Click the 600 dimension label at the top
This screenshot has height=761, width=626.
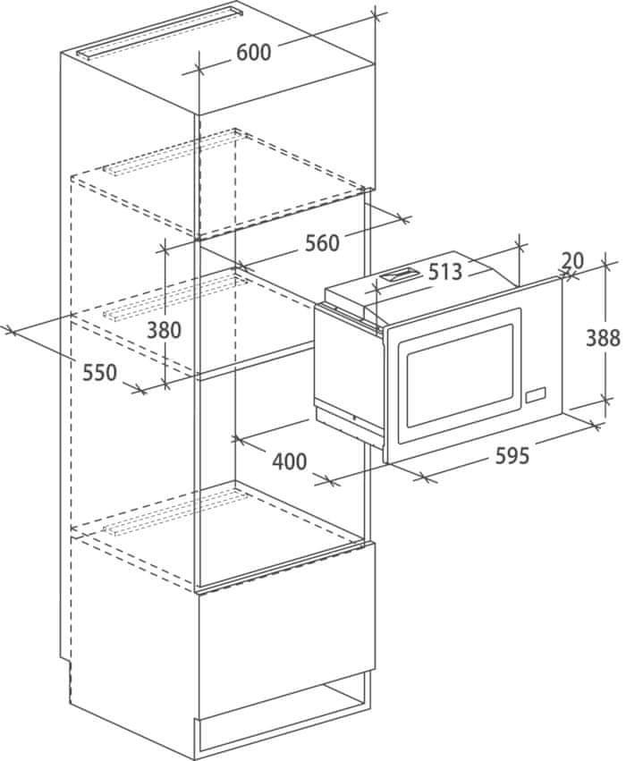pyautogui.click(x=254, y=53)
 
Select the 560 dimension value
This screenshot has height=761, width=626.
pyautogui.click(x=322, y=243)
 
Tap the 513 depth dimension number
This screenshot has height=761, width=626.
pyautogui.click(x=445, y=272)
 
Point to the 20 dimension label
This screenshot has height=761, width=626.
pyautogui.click(x=572, y=261)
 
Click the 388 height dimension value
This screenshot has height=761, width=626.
pyautogui.click(x=603, y=338)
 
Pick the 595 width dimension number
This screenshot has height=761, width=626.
pyautogui.click(x=512, y=456)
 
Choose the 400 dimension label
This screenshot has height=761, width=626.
pyautogui.click(x=289, y=461)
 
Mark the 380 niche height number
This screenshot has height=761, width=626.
pyautogui.click(x=164, y=330)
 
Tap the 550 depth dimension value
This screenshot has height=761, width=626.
pyautogui.click(x=99, y=373)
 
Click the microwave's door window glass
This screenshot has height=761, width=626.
pyautogui.click(x=460, y=376)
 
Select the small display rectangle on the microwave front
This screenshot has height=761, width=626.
pyautogui.click(x=535, y=394)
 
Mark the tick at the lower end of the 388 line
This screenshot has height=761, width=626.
pyautogui.click(x=605, y=401)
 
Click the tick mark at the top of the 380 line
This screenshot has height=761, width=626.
pyautogui.click(x=165, y=249)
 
